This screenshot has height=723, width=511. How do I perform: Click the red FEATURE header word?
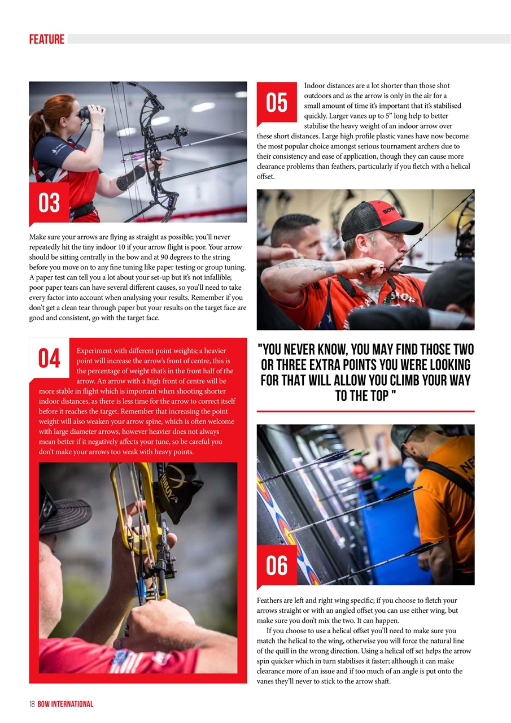tap(47, 39)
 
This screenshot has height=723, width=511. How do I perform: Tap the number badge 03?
tap(49, 203)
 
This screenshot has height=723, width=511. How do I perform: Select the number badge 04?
tap(49, 358)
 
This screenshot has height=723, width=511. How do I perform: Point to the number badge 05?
tap(277, 103)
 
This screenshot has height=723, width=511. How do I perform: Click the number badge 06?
tap(277, 565)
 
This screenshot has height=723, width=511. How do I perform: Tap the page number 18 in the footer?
tap(32, 704)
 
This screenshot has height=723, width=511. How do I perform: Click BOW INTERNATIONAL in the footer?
tap(65, 704)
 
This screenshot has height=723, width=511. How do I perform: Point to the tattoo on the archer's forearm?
tap(308, 266)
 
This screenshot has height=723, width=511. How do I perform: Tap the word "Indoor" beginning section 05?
tap(315, 85)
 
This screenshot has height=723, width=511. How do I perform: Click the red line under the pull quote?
tap(365, 411)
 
